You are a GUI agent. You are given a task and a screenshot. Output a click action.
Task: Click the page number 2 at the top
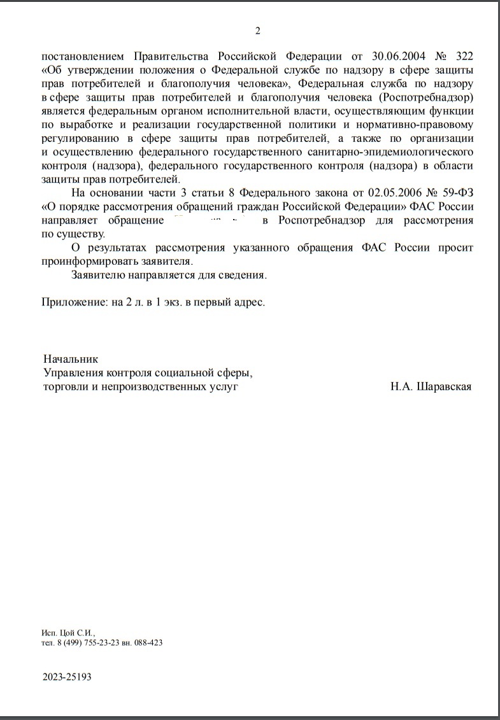coord(257,31)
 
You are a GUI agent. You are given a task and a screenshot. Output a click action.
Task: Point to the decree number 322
coord(462,55)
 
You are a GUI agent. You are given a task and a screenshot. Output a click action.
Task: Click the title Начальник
coord(71,359)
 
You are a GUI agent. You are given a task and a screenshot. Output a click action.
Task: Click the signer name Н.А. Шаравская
coord(431,386)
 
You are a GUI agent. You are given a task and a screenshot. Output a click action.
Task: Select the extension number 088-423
coord(148,643)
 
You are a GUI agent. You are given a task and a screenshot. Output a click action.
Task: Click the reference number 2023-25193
coord(68,677)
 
